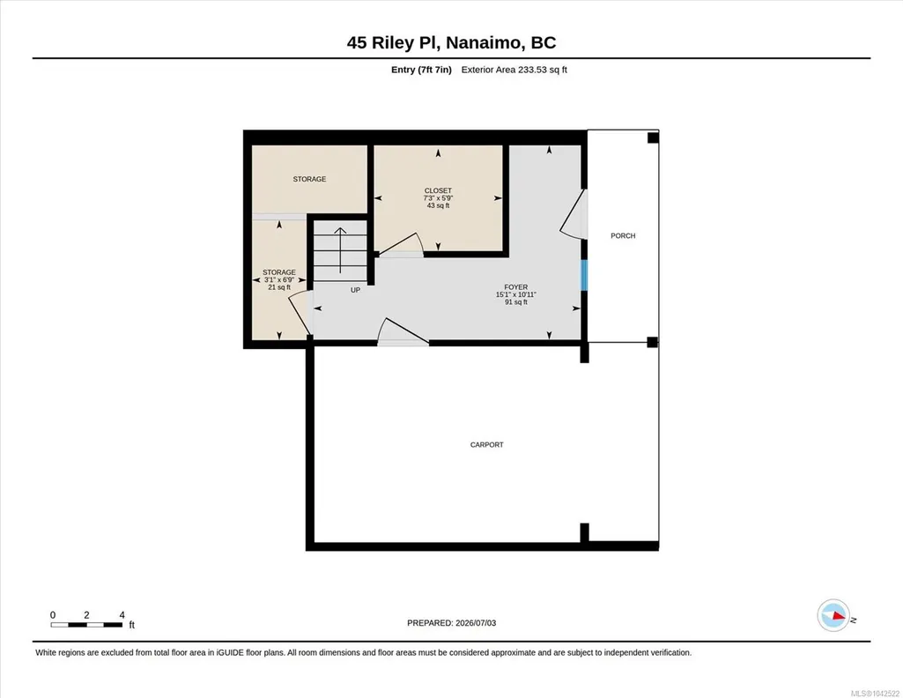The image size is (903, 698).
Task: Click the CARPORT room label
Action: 486,444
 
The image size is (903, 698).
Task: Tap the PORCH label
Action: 623,235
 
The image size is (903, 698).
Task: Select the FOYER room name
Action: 516,286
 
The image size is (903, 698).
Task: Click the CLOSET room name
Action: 438,190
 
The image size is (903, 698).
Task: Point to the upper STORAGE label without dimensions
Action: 309,179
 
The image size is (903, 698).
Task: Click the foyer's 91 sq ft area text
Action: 516,301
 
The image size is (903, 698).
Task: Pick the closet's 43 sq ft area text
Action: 438,205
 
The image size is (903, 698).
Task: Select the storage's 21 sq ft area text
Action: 279,287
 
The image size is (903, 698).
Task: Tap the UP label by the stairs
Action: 355,290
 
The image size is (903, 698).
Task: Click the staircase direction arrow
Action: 340,250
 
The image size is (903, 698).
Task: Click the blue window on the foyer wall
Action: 584,275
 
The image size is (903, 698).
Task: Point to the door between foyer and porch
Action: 574,214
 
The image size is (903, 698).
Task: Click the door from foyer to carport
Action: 403,331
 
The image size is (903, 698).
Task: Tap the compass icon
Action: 833,616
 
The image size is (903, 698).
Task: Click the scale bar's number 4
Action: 122,615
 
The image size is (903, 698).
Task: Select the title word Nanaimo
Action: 485,42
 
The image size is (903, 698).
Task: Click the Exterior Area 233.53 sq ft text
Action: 514,70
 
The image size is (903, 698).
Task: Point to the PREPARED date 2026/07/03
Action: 476,623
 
